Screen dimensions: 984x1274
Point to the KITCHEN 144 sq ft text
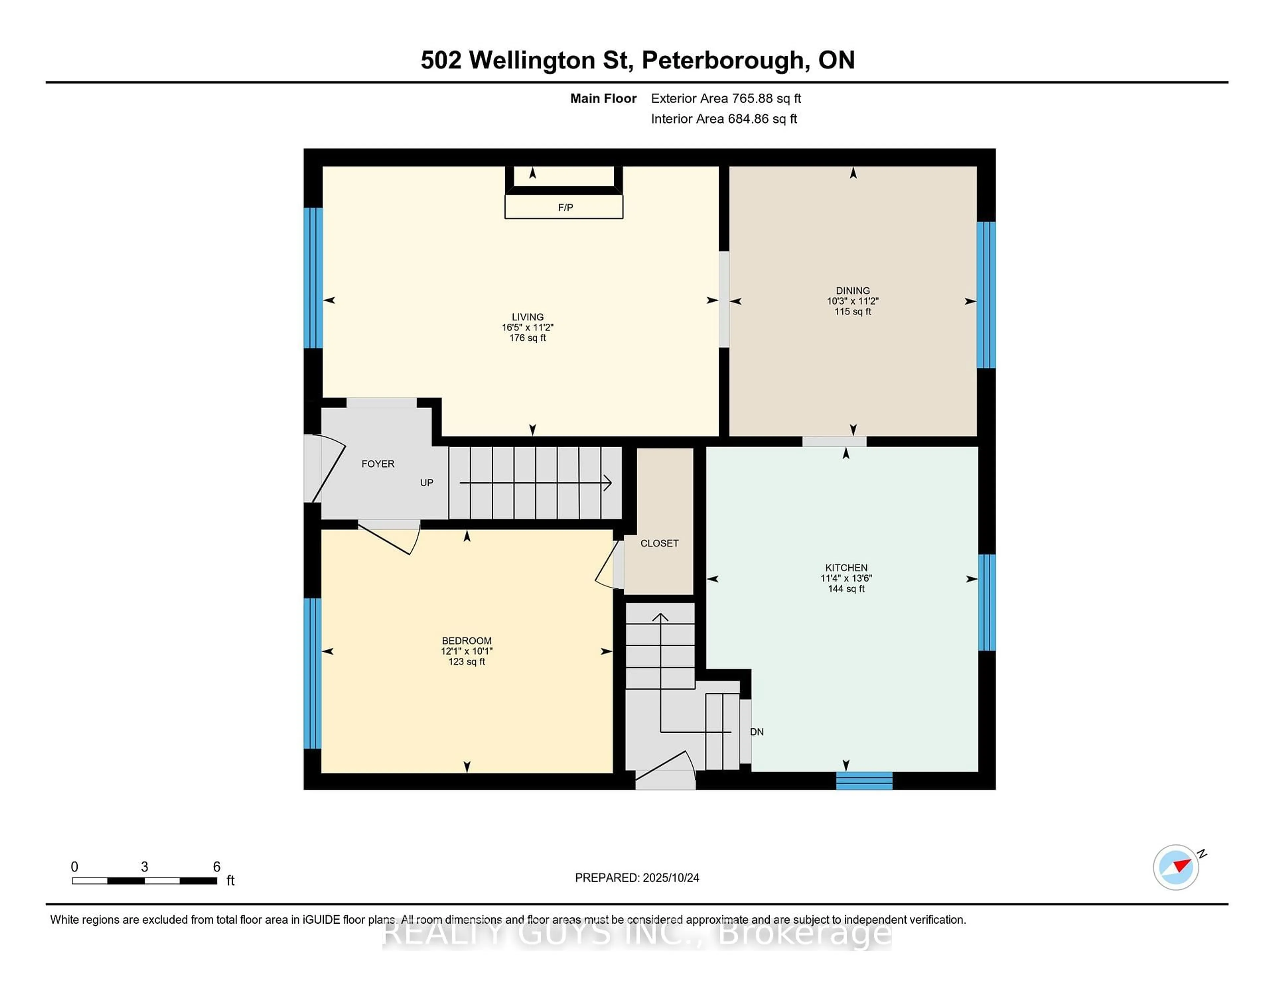tap(846, 589)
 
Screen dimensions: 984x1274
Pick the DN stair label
tap(756, 732)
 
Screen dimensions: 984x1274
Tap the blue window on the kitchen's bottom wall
tap(864, 780)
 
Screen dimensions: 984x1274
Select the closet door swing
tap(607, 566)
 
